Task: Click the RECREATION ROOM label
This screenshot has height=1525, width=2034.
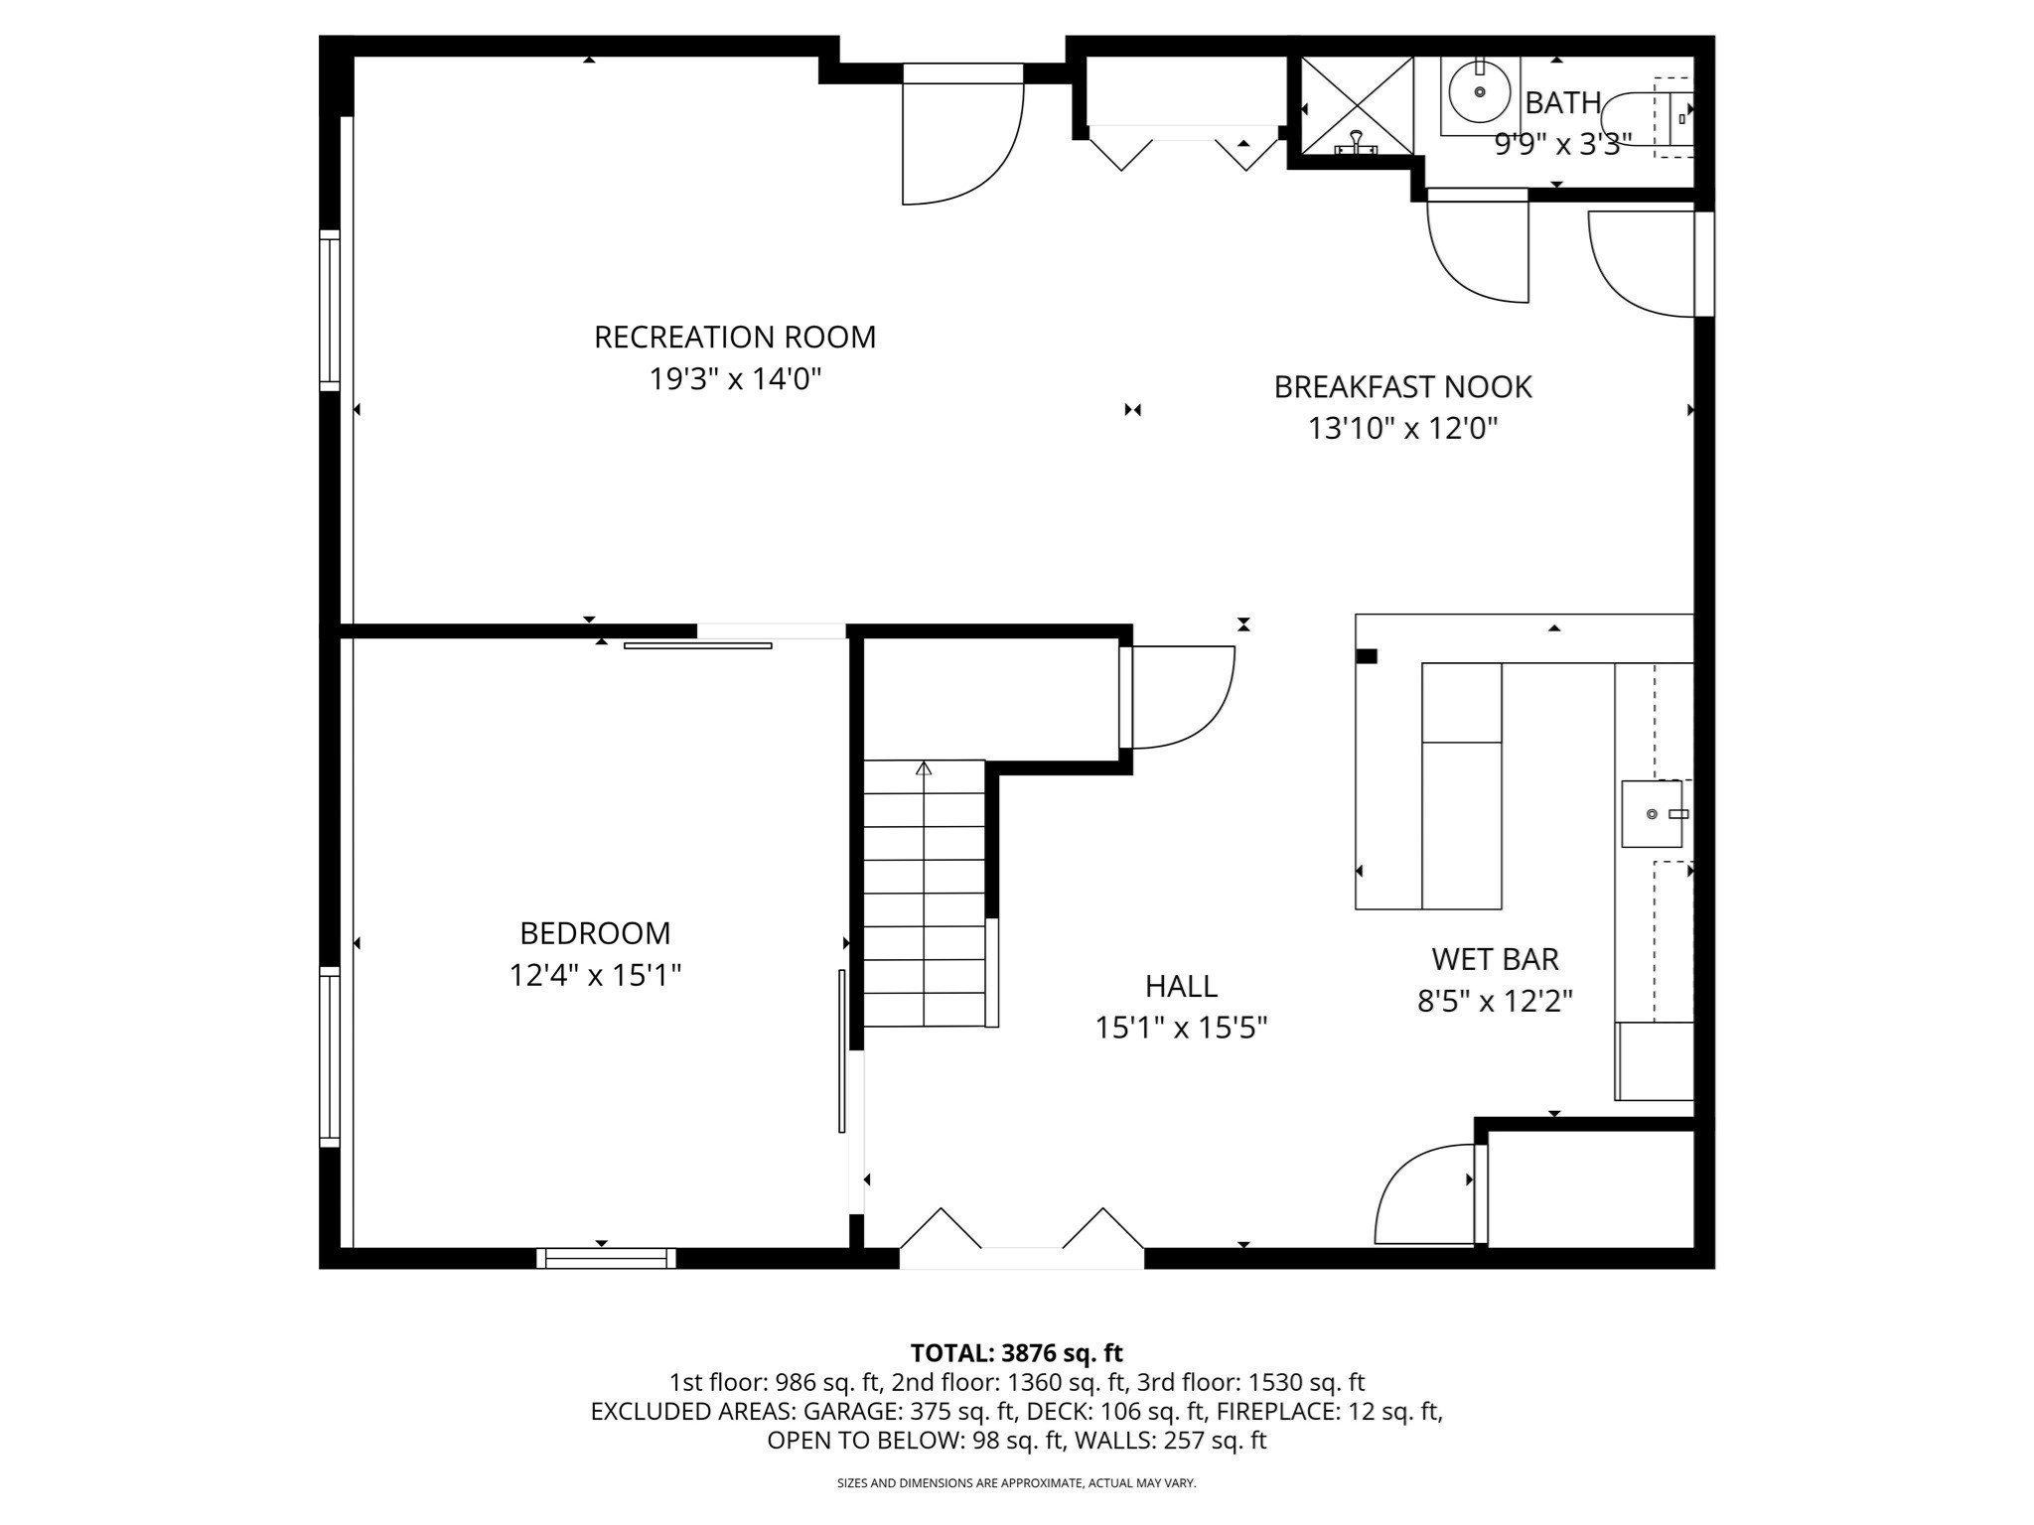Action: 735,338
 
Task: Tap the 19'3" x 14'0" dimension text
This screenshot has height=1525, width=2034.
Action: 735,379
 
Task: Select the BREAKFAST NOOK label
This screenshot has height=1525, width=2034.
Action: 1402,387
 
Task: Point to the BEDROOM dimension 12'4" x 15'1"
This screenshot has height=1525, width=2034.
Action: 595,976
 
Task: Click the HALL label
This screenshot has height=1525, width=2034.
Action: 1181,986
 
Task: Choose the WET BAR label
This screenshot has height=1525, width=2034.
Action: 1495,959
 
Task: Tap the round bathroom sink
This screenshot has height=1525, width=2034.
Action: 1480,91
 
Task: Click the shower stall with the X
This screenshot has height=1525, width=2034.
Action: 1357,105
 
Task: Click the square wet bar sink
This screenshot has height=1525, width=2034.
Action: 1652,814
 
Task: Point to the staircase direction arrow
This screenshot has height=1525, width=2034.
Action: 924,768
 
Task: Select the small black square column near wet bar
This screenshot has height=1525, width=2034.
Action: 1367,655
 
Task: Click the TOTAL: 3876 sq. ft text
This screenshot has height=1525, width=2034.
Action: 1016,1353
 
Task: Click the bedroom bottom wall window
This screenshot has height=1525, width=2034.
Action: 606,1258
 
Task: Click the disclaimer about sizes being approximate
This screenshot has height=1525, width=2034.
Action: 1016,1483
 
